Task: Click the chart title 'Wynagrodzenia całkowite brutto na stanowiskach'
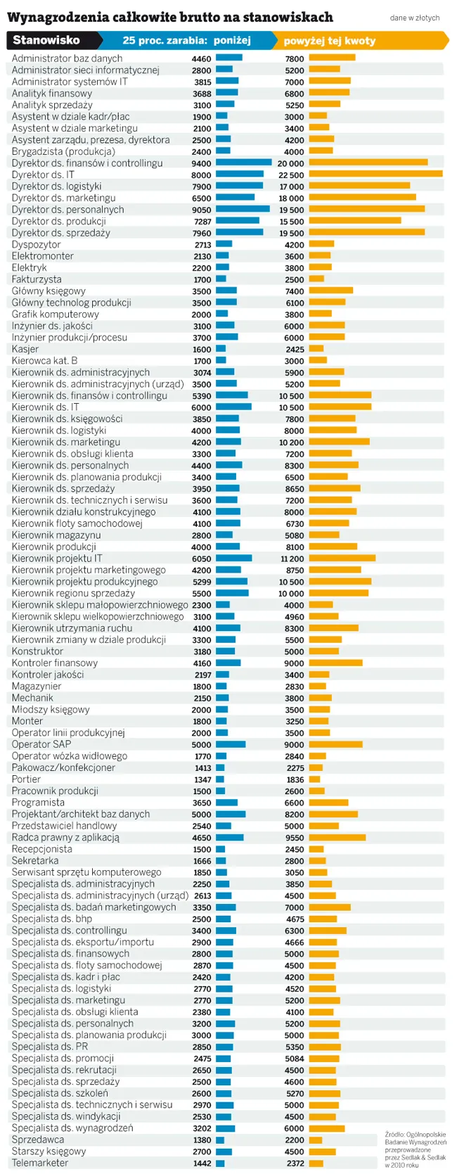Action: coord(169,17)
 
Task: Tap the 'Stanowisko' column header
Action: coord(46,40)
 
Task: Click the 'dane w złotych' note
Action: coord(414,18)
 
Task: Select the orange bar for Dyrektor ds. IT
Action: coord(375,174)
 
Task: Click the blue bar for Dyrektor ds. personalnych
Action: coord(243,210)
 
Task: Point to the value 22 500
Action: coord(291,175)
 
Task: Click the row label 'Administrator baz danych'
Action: coord(67,58)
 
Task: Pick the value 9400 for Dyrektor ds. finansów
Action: coord(201,163)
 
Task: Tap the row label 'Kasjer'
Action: coord(25,349)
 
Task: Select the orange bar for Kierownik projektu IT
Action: coord(342,559)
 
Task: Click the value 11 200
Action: coord(292,559)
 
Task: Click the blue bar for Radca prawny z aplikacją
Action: coord(229,838)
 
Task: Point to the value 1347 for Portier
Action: coord(202,779)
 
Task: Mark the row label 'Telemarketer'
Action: coord(40,1163)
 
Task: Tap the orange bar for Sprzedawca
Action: coord(315,1140)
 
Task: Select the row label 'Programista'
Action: coord(38,803)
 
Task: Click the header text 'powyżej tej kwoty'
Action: coord(329,41)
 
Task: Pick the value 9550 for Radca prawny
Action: coord(295,838)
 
